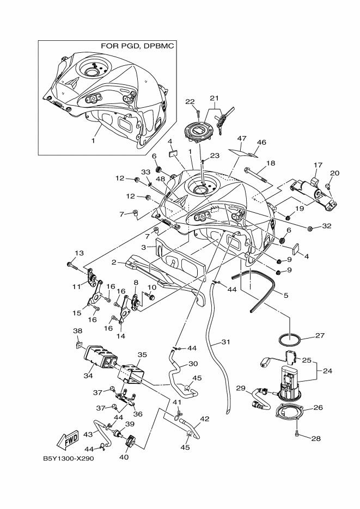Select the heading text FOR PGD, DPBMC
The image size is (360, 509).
(x=138, y=46)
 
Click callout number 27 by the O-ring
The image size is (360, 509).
(x=320, y=336)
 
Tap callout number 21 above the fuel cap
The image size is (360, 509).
(x=213, y=99)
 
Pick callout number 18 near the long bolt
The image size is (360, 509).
(x=270, y=163)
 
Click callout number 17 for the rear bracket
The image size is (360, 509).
(x=319, y=164)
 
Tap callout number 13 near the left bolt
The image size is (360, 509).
(x=80, y=253)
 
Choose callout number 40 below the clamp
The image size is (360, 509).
(x=123, y=457)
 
